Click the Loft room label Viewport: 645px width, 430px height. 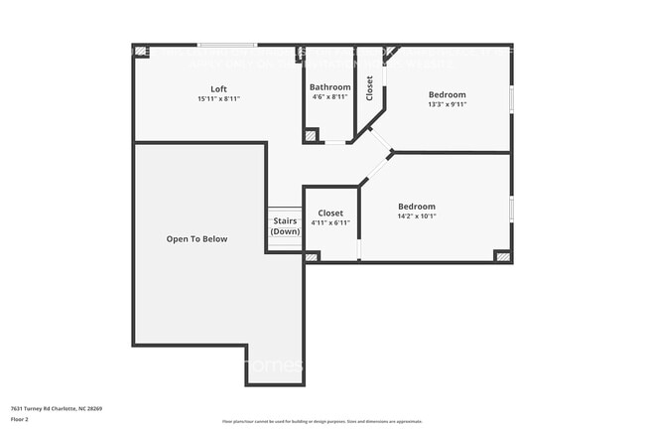[x=218, y=88]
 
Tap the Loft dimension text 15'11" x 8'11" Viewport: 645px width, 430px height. [x=218, y=98]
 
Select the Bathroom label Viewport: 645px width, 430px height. [x=329, y=87]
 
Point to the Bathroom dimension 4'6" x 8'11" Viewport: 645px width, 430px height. [x=329, y=97]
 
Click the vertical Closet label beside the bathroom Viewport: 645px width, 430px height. [x=370, y=88]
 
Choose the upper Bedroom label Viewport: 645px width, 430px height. [x=448, y=94]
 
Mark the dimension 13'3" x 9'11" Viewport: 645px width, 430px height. [x=448, y=104]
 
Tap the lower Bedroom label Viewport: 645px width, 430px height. [x=417, y=206]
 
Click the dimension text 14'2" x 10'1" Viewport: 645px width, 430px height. [x=417, y=215]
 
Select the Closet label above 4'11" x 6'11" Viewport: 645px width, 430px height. [x=330, y=213]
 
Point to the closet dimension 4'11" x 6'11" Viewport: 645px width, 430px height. [x=330, y=222]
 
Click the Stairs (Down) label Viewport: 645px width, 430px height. [x=286, y=226]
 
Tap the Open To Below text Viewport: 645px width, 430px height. [x=196, y=238]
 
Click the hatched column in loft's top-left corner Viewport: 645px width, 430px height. [x=141, y=51]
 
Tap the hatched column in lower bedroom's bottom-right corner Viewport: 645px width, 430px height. [x=502, y=256]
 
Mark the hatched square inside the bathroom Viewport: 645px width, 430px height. [x=311, y=135]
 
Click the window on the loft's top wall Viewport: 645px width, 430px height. [x=226, y=45]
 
